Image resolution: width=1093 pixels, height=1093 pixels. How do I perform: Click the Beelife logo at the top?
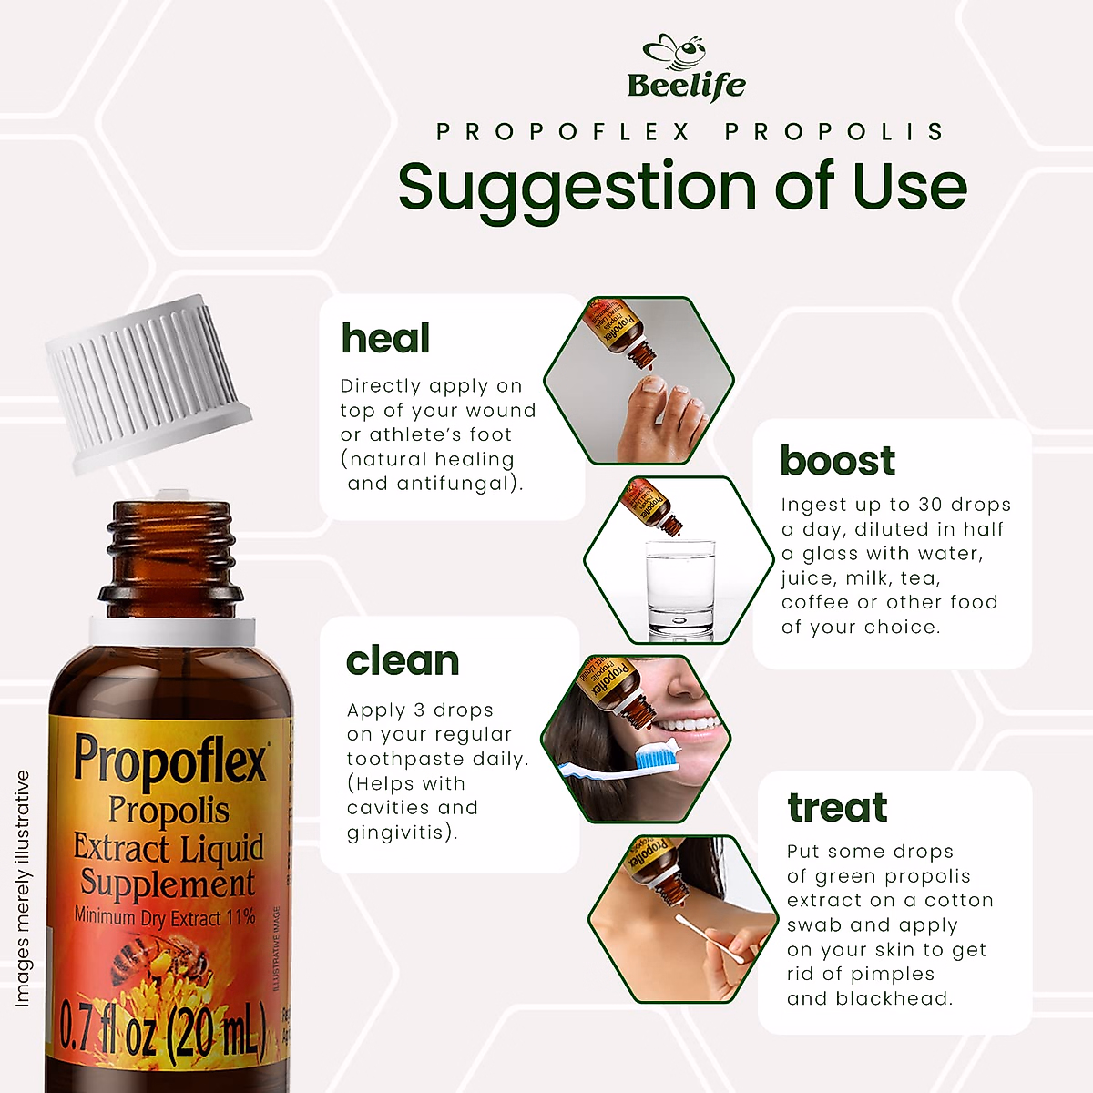coord(686,67)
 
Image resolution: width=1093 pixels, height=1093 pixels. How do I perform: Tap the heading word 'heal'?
coord(385,339)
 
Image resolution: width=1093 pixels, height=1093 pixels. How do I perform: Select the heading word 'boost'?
coord(837,461)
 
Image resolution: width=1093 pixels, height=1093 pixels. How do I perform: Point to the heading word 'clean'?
coord(403,661)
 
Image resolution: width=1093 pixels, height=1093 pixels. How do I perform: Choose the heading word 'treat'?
coord(837,808)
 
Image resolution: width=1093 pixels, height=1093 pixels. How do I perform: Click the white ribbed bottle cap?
coord(146,383)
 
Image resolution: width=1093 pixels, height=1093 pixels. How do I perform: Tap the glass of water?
coord(679,587)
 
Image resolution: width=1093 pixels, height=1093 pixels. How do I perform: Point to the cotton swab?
coord(710,938)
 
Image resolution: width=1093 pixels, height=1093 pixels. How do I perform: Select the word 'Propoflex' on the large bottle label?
coord(170,758)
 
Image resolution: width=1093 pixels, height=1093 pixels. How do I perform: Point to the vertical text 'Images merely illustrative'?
coord(23,888)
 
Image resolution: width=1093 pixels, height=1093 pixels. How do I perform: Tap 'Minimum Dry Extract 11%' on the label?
coord(165,917)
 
